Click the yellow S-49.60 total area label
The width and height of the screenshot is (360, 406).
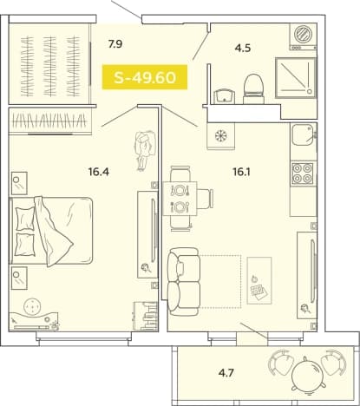coord(145,77)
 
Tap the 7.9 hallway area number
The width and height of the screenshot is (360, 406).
coord(115,44)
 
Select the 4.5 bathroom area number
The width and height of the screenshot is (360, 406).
coord(242,48)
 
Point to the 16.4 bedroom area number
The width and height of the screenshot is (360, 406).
coord(99,172)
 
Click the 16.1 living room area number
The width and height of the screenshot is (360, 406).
coord(241,172)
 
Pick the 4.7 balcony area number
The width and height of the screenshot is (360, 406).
coord(226,373)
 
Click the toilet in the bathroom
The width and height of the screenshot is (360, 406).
coord(253,89)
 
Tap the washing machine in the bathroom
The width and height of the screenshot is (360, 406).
coord(303,37)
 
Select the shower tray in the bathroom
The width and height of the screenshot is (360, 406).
coord(296,78)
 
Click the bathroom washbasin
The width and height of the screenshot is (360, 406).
coord(225,96)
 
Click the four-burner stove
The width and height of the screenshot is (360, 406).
coord(303,174)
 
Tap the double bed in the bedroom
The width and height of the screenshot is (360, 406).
coord(51,231)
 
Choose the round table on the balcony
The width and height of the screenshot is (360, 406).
coord(307,376)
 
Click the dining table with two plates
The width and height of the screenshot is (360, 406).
coord(180,199)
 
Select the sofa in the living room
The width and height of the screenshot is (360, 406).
coord(184,281)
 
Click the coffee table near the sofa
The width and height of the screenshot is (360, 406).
coord(259,280)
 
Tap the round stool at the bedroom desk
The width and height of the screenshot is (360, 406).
coord(32,307)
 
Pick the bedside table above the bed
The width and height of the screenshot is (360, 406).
coord(19,183)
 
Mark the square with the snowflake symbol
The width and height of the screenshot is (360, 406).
coord(220,136)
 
